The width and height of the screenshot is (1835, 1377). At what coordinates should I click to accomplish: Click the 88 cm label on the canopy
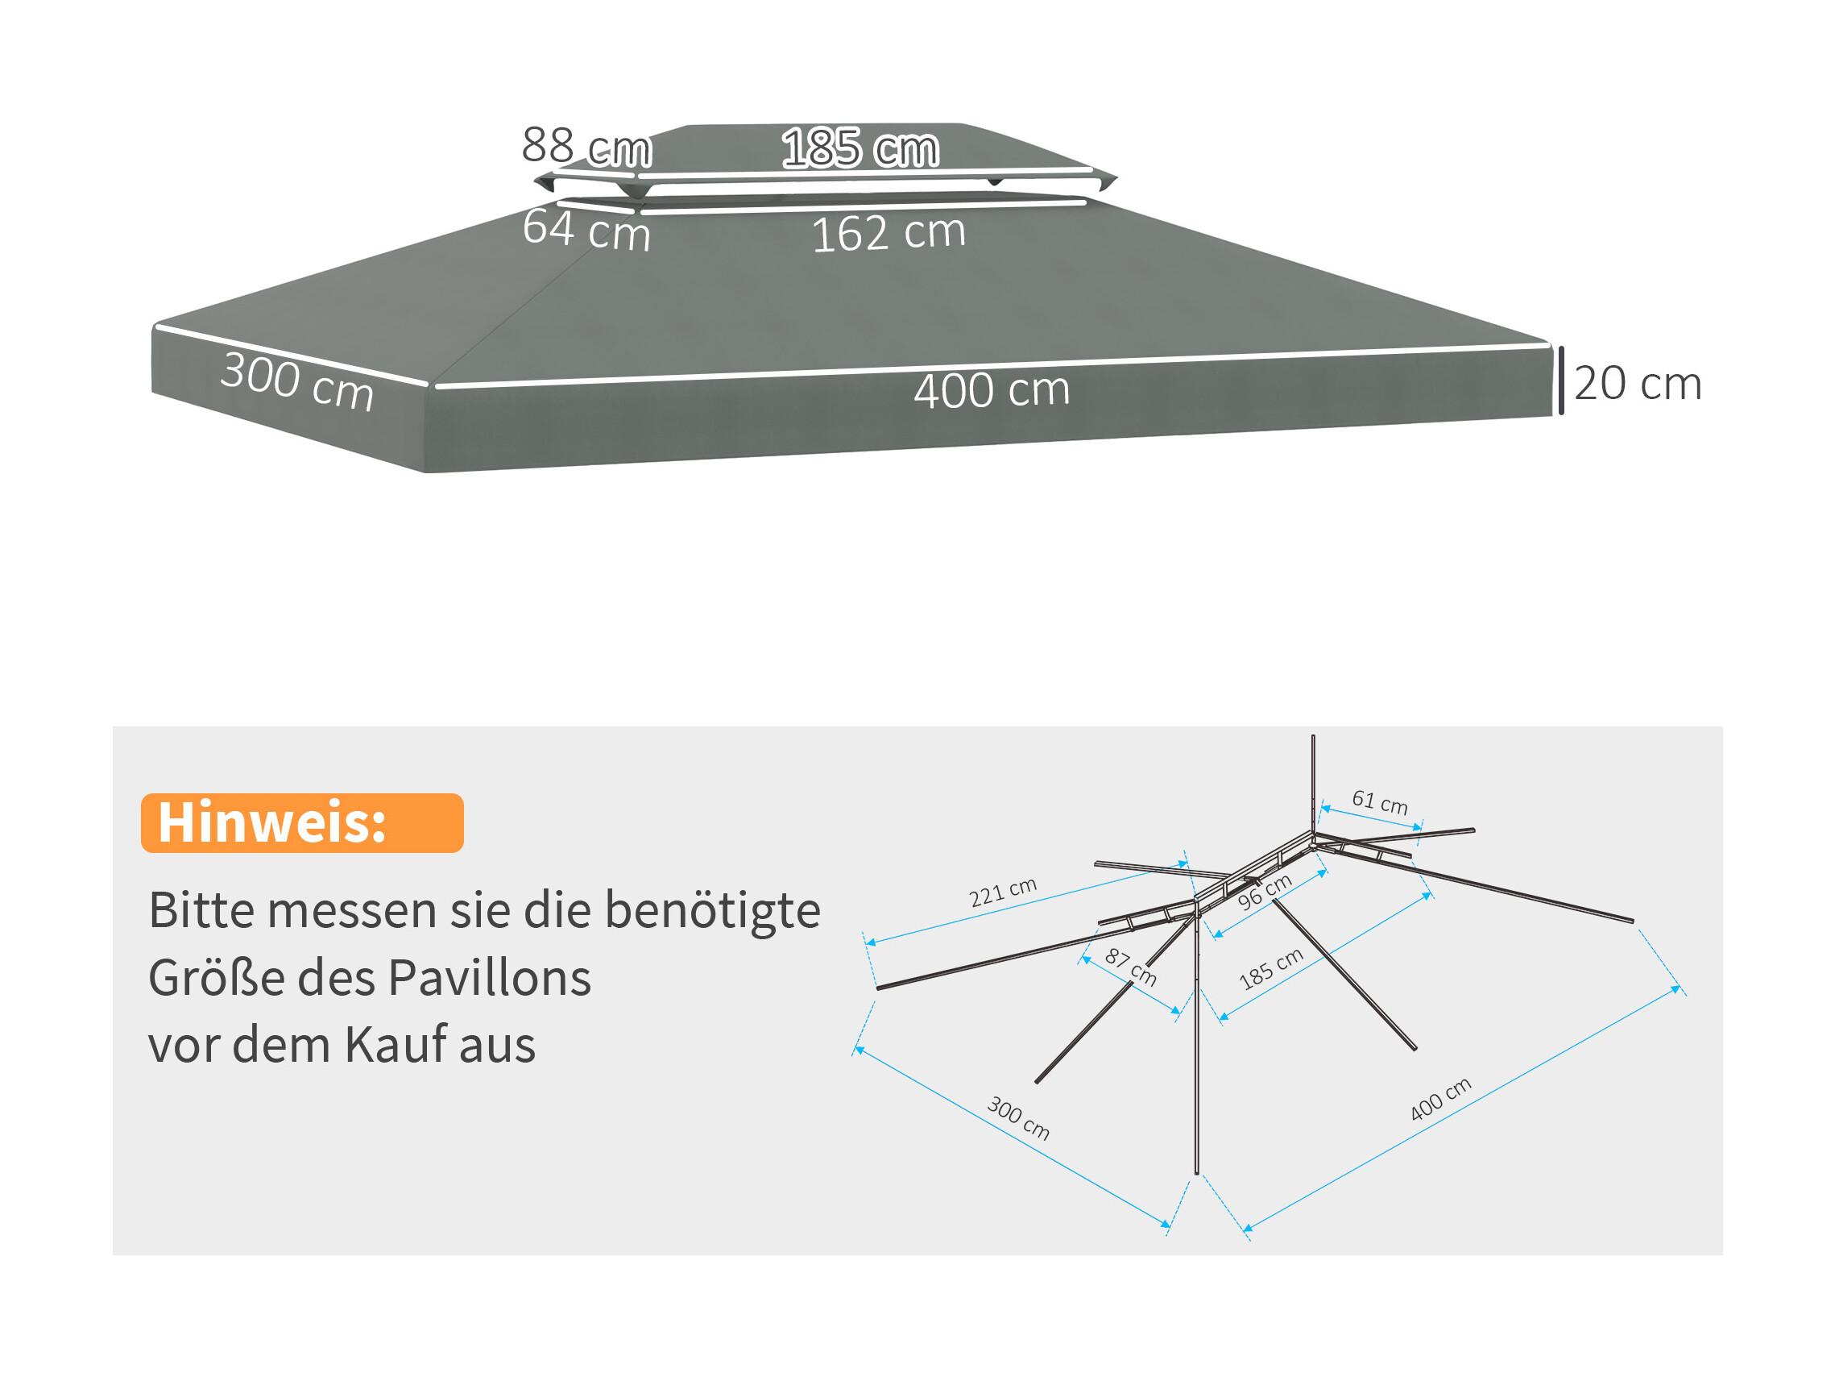click(x=586, y=147)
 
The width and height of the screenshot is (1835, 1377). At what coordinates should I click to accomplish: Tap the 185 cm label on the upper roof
click(x=860, y=148)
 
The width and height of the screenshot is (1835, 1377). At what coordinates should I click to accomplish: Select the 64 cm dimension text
click(x=586, y=230)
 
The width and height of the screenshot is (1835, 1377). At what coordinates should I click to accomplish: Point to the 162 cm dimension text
click(x=889, y=232)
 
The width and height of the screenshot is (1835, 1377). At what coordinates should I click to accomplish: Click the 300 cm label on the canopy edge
click(x=297, y=382)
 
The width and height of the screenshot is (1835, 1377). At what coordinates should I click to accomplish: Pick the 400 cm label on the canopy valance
click(x=992, y=390)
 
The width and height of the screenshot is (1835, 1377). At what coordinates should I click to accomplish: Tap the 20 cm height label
click(x=1638, y=384)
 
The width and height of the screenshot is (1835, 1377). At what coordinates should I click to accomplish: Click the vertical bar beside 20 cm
click(x=1561, y=381)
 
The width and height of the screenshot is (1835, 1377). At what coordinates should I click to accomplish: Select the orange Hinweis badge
click(x=302, y=822)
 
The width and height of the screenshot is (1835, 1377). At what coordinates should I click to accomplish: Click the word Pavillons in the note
click(x=491, y=977)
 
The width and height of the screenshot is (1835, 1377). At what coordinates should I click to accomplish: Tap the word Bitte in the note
click(x=201, y=909)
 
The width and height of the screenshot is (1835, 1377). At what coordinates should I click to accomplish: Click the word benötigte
click(x=712, y=909)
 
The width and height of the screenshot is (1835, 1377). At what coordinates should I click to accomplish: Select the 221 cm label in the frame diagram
click(x=1003, y=892)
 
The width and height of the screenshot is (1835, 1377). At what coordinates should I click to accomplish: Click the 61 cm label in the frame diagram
click(x=1380, y=802)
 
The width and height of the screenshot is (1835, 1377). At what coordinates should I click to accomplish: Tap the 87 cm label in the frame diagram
click(x=1130, y=967)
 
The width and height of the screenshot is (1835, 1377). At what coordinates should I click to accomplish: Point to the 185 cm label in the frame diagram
click(x=1271, y=969)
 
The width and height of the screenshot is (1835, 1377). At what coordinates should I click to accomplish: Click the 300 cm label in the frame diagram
click(x=1018, y=1118)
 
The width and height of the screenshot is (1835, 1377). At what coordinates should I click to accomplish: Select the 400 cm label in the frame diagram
click(x=1440, y=1099)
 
